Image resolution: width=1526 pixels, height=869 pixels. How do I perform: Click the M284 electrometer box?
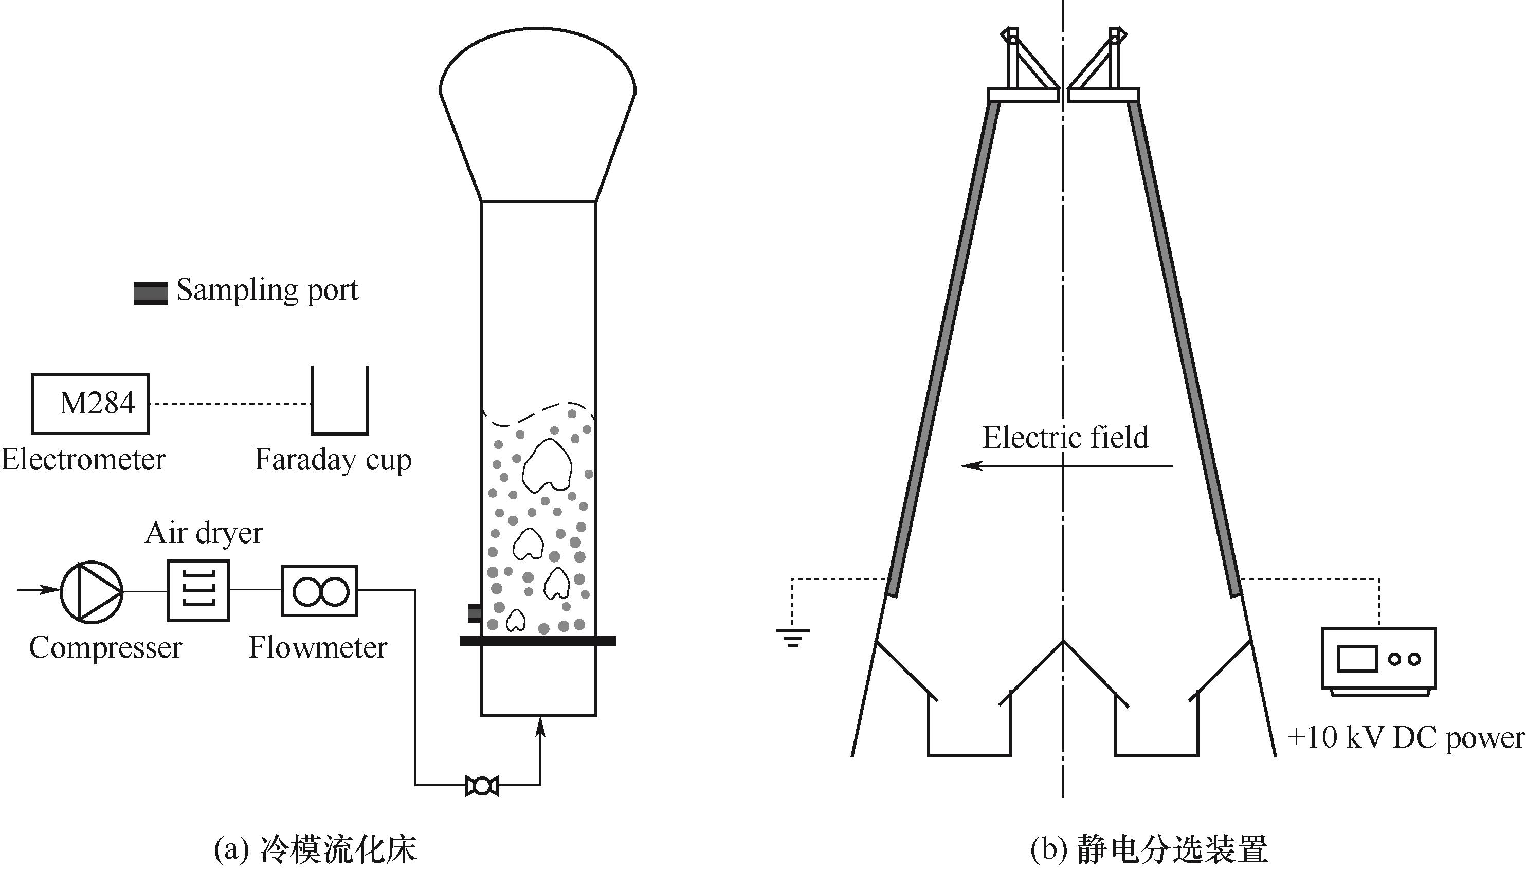pos(90,404)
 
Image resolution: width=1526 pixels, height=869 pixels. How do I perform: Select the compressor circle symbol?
pos(92,591)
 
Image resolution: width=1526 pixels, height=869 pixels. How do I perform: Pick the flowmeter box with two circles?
pos(319,591)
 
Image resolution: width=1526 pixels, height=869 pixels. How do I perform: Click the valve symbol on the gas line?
pos(482,786)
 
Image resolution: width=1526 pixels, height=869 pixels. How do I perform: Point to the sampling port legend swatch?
pos(151,293)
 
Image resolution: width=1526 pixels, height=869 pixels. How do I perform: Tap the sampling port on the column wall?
pos(474,613)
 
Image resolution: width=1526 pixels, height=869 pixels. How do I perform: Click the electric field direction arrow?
pos(1066,465)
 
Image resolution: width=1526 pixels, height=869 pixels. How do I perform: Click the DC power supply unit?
pos(1378,661)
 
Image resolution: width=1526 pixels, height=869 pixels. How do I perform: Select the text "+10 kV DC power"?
pos(1406,738)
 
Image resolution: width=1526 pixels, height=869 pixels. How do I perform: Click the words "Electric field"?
pos(1065,438)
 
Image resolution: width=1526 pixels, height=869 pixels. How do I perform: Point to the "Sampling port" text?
pos(267,291)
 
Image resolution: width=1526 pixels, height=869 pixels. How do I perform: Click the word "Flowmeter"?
pos(318,647)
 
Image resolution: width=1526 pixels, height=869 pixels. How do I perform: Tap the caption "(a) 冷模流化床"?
pos(315,850)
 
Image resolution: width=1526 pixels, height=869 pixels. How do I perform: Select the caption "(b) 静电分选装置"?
pos(1149,850)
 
